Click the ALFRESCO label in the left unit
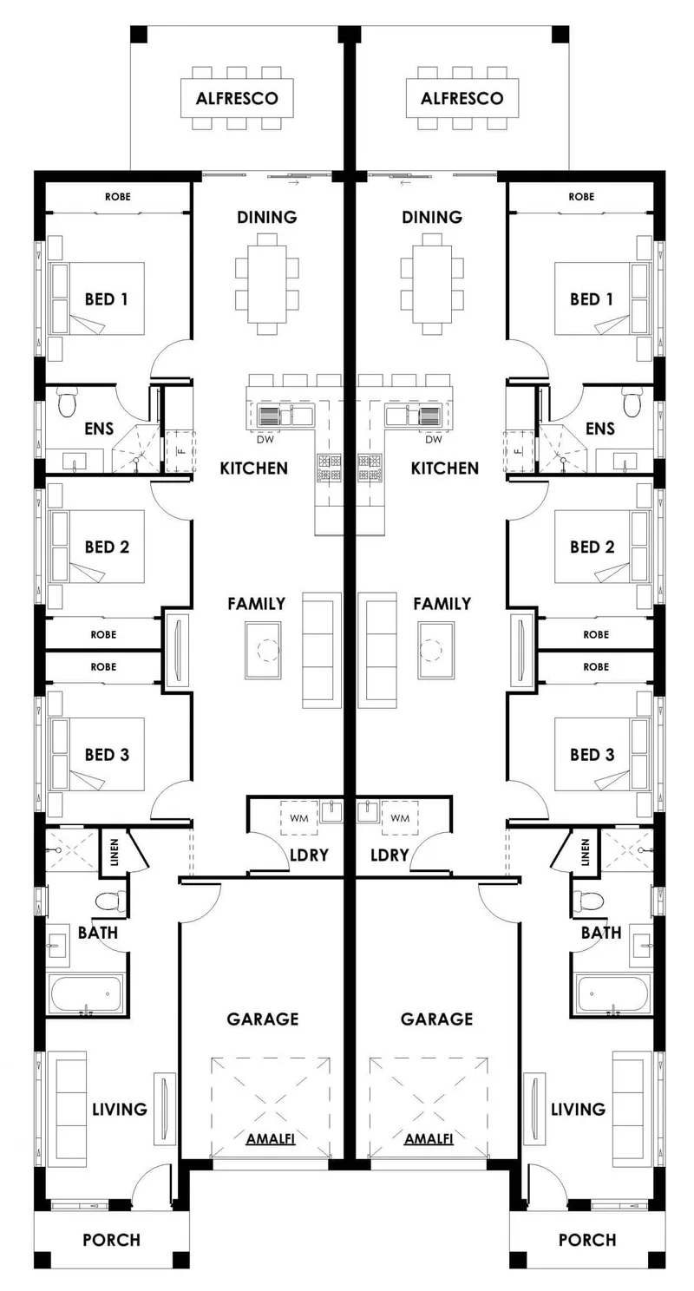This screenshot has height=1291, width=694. pyautogui.click(x=237, y=99)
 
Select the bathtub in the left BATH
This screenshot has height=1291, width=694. pyautogui.click(x=87, y=993)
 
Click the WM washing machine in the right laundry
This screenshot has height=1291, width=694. pyautogui.click(x=399, y=818)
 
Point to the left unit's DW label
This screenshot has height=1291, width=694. pyautogui.click(x=265, y=439)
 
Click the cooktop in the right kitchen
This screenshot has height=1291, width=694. pyautogui.click(x=370, y=468)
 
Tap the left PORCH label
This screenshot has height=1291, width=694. pyautogui.click(x=111, y=1240)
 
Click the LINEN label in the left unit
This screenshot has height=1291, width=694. pyautogui.click(x=115, y=852)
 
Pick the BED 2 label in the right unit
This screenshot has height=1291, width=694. pyautogui.click(x=592, y=547)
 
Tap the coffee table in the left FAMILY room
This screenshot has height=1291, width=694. pyautogui.click(x=264, y=650)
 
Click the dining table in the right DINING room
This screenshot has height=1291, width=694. pyautogui.click(x=432, y=284)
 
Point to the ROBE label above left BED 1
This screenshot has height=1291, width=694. pyautogui.click(x=118, y=197)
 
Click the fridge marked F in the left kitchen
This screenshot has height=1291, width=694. pyautogui.click(x=180, y=451)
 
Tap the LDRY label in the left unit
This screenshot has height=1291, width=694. pyautogui.click(x=309, y=855)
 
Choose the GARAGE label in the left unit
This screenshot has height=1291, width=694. pyautogui.click(x=263, y=1019)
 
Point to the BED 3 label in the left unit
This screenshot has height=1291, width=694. pyautogui.click(x=107, y=755)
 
